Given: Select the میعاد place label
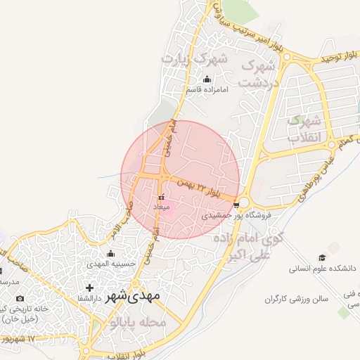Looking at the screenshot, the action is (x=161, y=207).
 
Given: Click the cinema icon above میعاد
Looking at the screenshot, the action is (x=161, y=198).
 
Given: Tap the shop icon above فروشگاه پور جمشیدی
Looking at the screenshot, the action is (x=236, y=205).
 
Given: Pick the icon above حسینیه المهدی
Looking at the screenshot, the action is (x=110, y=254).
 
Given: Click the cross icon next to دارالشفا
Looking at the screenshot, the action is (x=89, y=288).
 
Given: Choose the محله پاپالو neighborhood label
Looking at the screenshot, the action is (x=137, y=323).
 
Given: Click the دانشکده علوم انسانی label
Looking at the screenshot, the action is (x=323, y=269).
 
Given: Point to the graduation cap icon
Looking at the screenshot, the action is (x=323, y=257).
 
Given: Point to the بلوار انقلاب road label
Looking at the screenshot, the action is (x=124, y=354).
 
